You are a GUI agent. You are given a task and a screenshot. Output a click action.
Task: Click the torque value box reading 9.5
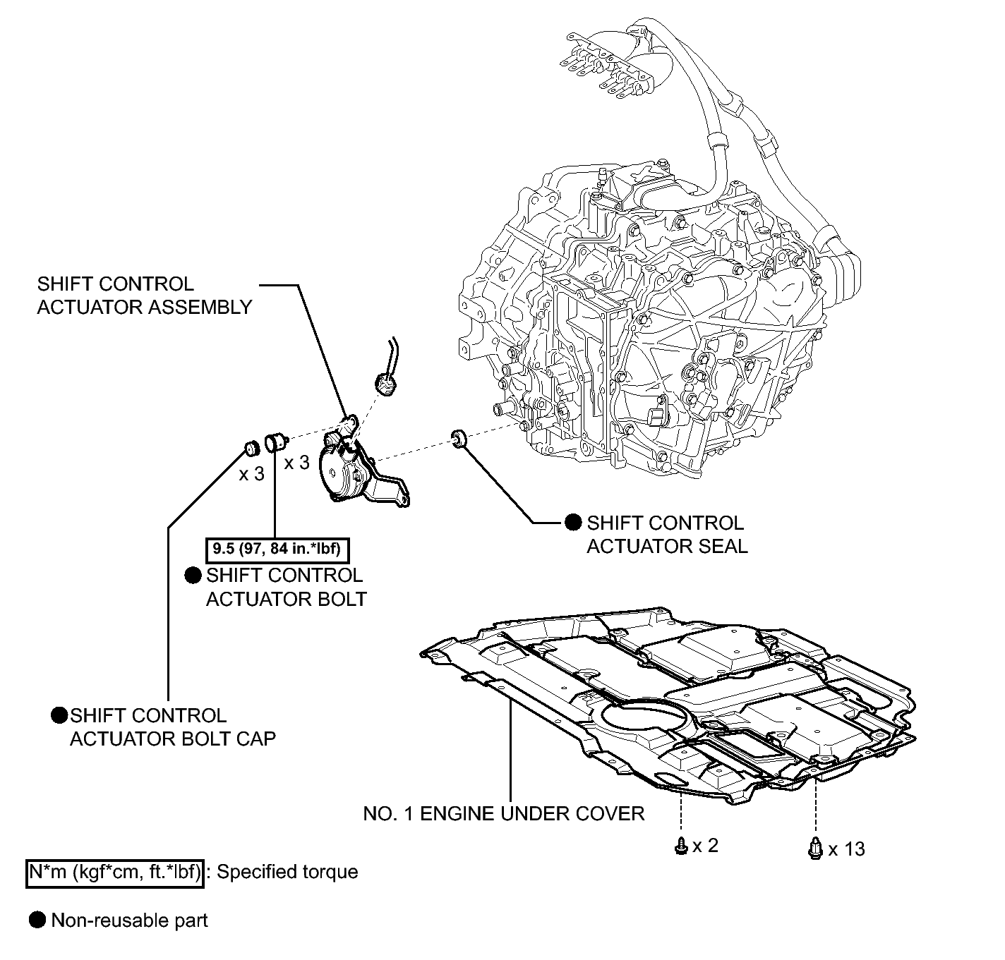277,549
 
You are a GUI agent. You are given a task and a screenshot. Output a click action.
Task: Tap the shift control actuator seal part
459,438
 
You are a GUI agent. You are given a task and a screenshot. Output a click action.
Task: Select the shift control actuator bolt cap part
251,448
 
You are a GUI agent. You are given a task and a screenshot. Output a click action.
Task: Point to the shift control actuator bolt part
276,442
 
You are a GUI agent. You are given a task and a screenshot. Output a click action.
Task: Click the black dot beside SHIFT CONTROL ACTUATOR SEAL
573,523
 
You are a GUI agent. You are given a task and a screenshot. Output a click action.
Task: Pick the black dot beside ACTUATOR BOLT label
193,576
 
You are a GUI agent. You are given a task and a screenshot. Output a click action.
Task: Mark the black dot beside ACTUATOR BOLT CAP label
59,715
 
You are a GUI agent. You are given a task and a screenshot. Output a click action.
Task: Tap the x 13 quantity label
846,849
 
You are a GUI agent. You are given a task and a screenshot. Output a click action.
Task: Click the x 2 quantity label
705,846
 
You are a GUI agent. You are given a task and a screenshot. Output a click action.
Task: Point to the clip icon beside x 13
814,848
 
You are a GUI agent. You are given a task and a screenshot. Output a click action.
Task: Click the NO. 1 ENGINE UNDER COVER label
503,814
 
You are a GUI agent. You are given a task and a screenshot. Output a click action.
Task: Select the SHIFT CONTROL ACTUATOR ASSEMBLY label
145,296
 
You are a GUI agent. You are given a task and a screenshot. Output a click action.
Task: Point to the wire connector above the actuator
385,384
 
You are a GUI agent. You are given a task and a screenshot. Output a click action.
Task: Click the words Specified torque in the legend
287,872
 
